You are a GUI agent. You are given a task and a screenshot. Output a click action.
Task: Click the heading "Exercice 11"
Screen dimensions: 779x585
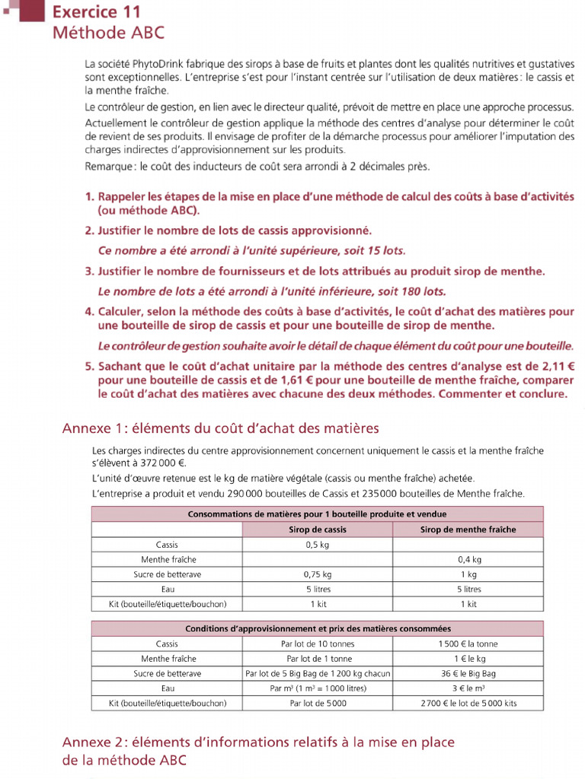[x=96, y=12]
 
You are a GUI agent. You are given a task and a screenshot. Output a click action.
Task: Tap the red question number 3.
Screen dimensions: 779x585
[x=88, y=271]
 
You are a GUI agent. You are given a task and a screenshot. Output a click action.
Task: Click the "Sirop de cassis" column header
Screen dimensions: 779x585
[x=318, y=529]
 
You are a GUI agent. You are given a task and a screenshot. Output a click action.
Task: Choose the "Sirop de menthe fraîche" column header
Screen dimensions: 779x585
[x=468, y=529]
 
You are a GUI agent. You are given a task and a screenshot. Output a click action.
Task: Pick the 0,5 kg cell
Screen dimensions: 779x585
[x=318, y=545]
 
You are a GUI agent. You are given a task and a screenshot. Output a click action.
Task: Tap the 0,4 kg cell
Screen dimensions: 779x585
[x=468, y=559]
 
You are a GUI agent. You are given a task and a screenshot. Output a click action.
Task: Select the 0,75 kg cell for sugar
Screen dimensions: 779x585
[x=318, y=574]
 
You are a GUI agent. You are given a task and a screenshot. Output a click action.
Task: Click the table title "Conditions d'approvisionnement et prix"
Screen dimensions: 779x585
[x=318, y=629]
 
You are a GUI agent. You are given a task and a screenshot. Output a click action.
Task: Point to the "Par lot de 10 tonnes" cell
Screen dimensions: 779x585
[x=318, y=644]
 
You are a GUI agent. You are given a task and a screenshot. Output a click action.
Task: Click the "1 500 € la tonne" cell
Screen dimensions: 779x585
[x=468, y=644]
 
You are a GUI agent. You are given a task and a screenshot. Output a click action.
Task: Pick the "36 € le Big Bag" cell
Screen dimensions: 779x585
[x=468, y=673]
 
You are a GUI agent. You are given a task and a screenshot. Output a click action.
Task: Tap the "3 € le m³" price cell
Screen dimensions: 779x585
[x=468, y=688]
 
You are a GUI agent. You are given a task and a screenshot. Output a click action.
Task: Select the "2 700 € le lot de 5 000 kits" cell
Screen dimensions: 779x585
[x=468, y=704]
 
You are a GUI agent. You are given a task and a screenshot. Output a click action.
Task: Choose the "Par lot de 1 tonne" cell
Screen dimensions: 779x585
[x=318, y=659]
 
